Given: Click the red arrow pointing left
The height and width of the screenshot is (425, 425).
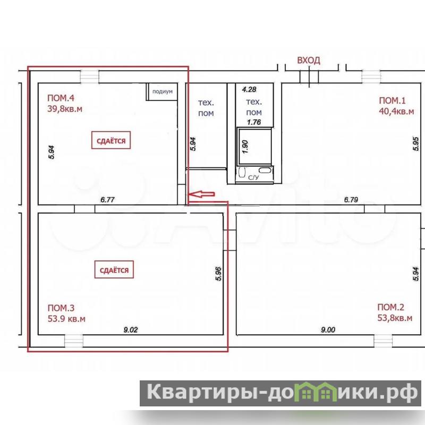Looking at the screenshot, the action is [201, 194].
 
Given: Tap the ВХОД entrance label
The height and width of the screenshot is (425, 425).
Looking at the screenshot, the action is [309, 60].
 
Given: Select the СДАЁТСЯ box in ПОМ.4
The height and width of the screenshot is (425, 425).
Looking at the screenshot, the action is [111, 140].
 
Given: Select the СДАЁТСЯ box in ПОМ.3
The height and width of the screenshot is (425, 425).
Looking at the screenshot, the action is [114, 270].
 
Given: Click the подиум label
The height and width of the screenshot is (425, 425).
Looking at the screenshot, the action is [163, 91].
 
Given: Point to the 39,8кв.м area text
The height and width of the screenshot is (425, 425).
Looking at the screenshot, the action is [65, 109].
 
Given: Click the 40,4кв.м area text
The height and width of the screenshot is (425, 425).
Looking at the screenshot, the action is [396, 112].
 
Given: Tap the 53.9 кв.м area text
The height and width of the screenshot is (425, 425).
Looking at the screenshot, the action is [66, 319].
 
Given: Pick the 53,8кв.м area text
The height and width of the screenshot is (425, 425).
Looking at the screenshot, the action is [395, 318].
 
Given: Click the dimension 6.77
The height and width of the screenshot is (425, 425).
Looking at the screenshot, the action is [108, 200].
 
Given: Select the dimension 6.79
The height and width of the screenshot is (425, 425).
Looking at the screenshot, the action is [351, 200].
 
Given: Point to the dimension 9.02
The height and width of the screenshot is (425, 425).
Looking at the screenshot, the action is [131, 330].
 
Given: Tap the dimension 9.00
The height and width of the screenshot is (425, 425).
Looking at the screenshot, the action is [328, 330].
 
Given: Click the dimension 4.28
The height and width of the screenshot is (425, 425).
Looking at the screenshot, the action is [249, 89].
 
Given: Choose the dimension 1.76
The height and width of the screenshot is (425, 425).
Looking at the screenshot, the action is [254, 122].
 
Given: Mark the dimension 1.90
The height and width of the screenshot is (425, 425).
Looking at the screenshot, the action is [245, 147].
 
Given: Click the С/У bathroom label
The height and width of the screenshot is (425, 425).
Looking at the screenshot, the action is [253, 177].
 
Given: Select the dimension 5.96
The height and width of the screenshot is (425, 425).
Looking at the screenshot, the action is [218, 274].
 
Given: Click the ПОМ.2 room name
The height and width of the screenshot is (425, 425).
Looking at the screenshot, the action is [390, 307].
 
